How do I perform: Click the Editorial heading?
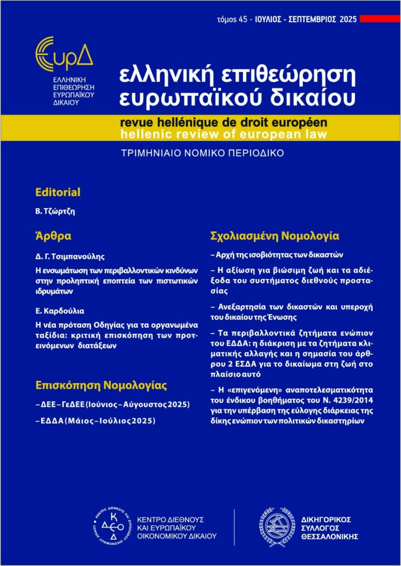(x=58, y=192)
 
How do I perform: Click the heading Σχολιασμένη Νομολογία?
(x=275, y=236)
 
